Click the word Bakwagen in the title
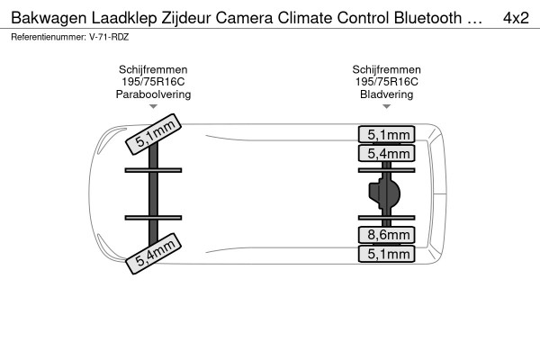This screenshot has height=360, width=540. click(x=49, y=18)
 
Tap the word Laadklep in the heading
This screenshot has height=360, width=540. click(x=124, y=18)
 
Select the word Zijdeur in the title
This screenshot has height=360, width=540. click(x=186, y=18)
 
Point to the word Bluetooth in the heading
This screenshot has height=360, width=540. click(x=428, y=18)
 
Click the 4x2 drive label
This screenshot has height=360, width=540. click(x=516, y=18)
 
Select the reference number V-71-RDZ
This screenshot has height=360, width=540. click(x=109, y=37)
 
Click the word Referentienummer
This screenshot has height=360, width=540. click(x=49, y=37)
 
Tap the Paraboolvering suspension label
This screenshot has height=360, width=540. click(x=153, y=94)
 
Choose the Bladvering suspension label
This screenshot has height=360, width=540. click(x=386, y=94)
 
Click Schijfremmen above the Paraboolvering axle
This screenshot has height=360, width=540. click(x=153, y=69)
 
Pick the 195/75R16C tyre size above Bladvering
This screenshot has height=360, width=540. click(x=386, y=82)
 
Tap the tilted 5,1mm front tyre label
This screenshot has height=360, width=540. click(x=153, y=134)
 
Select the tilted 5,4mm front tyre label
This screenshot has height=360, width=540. click(x=153, y=254)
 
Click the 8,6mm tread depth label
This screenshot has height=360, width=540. click(x=386, y=235)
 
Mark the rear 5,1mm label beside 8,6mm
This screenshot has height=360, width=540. click(x=386, y=254)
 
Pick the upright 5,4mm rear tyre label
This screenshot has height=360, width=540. click(x=386, y=153)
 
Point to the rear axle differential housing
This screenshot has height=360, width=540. click(x=385, y=193)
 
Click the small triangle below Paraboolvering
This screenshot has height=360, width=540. click(x=153, y=106)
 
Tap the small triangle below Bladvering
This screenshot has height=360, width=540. click(x=386, y=106)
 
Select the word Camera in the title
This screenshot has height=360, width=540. click(x=244, y=18)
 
